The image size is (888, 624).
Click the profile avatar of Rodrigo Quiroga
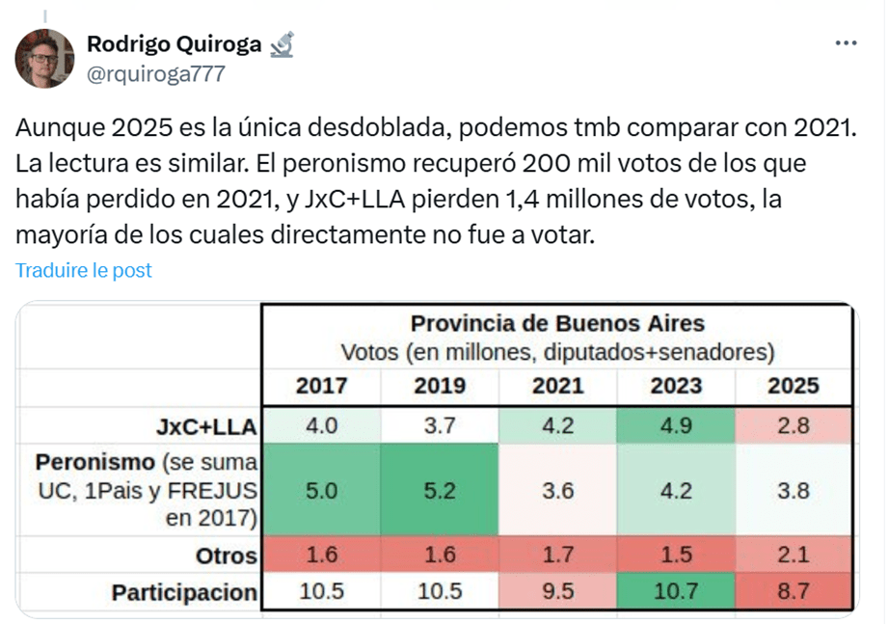coord(44,59)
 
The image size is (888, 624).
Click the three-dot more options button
coord(846,43)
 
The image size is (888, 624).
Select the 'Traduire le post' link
coord(84,270)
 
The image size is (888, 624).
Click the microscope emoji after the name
coord(282,43)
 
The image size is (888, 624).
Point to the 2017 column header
coord(321,386)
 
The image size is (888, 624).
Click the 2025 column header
coord(793,386)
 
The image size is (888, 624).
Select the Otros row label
coord(226,556)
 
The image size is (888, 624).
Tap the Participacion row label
coord(184,592)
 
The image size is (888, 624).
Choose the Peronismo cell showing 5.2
coord(440,491)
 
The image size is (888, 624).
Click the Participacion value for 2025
coord(794,592)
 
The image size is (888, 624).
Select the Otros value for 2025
coord(794,556)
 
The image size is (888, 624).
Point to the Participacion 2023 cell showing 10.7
coord(675,592)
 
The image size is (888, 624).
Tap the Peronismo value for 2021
coord(557,491)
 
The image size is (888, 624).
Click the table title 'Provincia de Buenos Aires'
coord(557,323)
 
